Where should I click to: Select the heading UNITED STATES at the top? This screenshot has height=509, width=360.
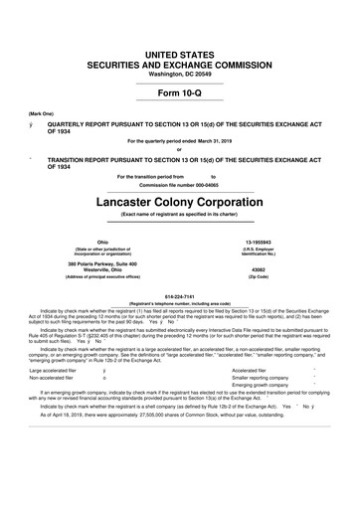point(179,23)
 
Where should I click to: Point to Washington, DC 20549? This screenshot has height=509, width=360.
point(179,44)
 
